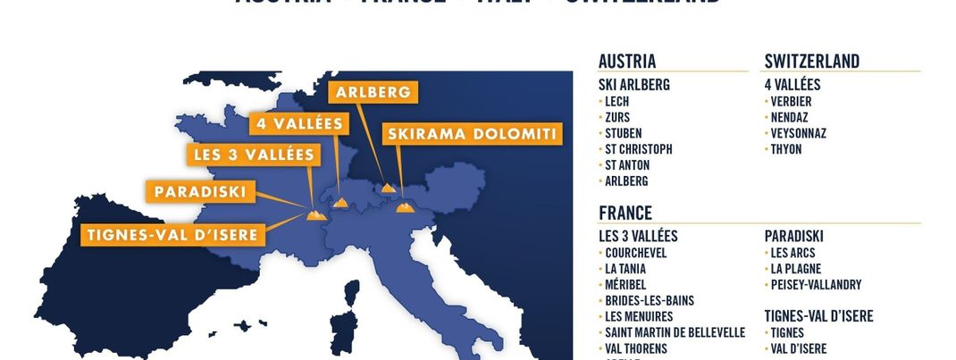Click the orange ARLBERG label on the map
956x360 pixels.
pyautogui.click(x=373, y=92)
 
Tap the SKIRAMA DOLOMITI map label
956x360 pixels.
pyautogui.click(x=473, y=134)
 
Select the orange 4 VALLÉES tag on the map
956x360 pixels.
pyautogui.click(x=298, y=123)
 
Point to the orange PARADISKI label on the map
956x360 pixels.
pyautogui.click(x=200, y=191)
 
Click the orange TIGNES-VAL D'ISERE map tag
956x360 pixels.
pyautogui.click(x=173, y=236)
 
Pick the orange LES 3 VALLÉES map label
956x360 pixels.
pyautogui.click(x=254, y=155)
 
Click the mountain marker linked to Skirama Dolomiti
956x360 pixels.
pyautogui.click(x=404, y=207)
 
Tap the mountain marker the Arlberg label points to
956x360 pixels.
pyautogui.click(x=388, y=188)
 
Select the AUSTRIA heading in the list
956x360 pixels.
pyautogui.click(x=627, y=62)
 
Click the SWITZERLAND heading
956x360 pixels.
pyautogui.click(x=812, y=62)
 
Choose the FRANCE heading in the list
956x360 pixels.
pyautogui.click(x=625, y=213)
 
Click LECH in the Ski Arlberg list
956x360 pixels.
pyautogui.click(x=617, y=102)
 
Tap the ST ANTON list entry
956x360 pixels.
pyautogui.click(x=627, y=165)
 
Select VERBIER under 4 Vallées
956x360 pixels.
pyautogui.click(x=791, y=102)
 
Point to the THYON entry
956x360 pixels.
pyautogui.click(x=786, y=149)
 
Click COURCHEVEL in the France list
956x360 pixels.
pyautogui.click(x=635, y=253)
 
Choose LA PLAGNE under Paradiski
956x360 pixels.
pyautogui.click(x=796, y=269)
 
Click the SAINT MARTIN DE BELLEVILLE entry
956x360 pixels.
pyautogui.click(x=675, y=332)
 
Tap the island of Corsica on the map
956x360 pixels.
pyautogui.click(x=351, y=295)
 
